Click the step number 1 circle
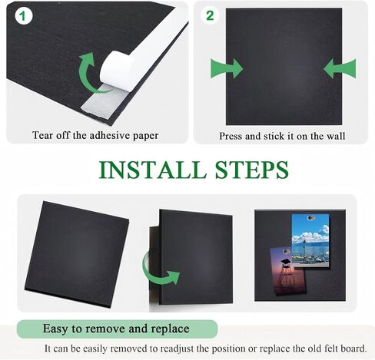click(x=24, y=16)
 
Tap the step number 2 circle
click(x=210, y=15)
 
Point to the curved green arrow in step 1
click(x=86, y=72)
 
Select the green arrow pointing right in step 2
click(x=227, y=68)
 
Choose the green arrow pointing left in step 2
click(x=340, y=68)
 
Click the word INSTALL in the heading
click(x=153, y=170)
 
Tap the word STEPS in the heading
click(x=252, y=170)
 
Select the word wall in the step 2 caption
click(x=336, y=136)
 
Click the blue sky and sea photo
click(x=310, y=240)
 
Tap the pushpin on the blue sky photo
click(x=310, y=218)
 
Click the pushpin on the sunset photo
click(x=287, y=252)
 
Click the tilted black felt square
click(x=77, y=254)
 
